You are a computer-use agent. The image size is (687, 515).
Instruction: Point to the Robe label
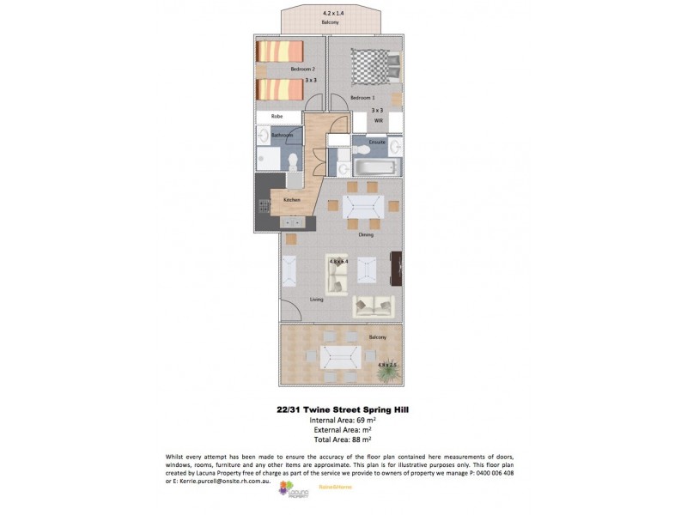(277, 117)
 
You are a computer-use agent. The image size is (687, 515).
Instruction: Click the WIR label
(377, 122)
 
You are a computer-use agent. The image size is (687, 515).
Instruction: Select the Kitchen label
(292, 200)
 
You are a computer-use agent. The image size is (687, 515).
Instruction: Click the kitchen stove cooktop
(264, 207)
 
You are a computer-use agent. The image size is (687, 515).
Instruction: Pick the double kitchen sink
(292, 221)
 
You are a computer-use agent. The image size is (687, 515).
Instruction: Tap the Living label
(316, 300)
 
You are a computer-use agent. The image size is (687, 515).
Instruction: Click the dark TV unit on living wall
(397, 270)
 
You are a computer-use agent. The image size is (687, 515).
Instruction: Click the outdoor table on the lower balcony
(337, 357)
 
